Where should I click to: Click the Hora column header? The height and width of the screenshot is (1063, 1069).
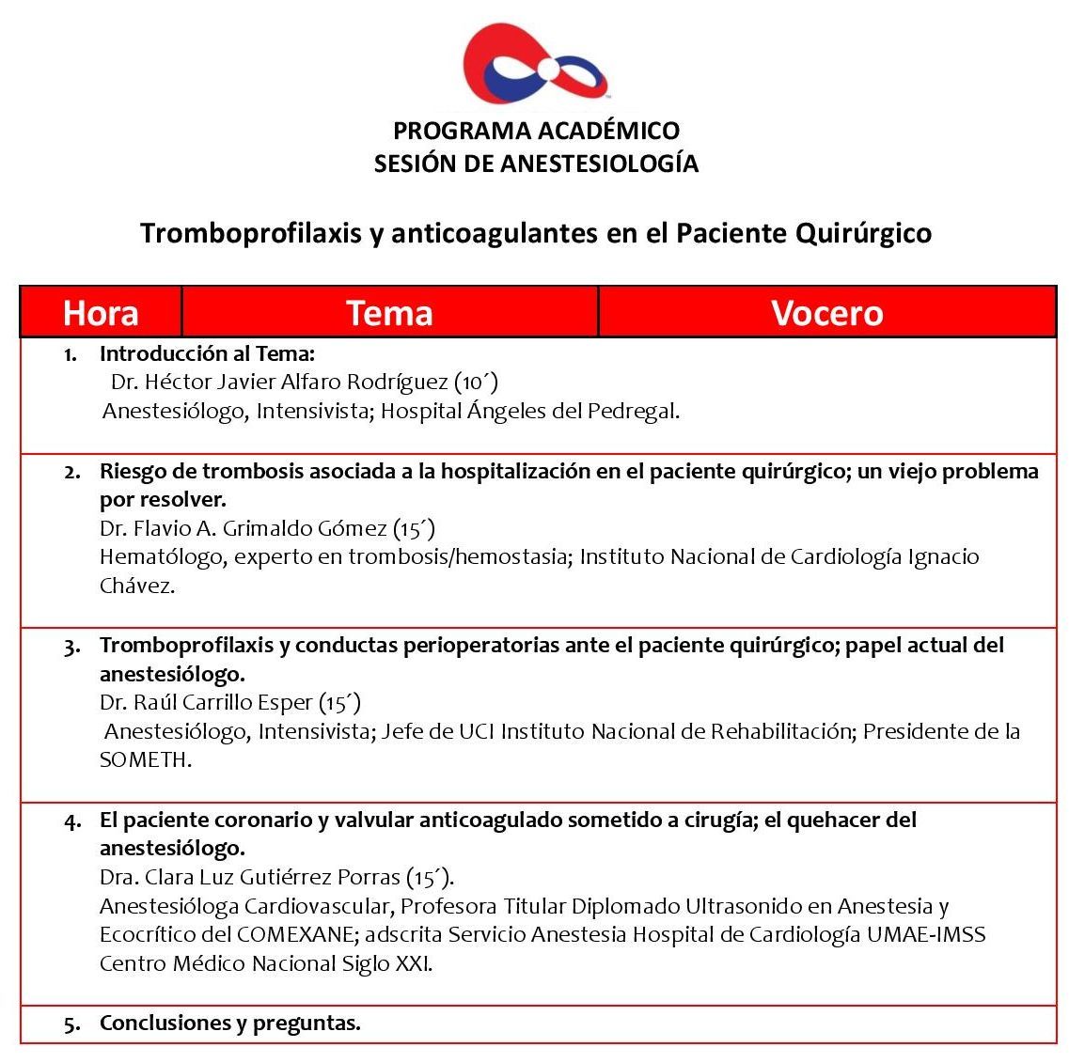tap(101, 313)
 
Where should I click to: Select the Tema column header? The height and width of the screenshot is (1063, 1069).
tap(389, 313)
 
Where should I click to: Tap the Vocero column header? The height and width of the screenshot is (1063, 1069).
tap(826, 313)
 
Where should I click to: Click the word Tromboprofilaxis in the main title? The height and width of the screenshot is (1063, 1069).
tap(251, 233)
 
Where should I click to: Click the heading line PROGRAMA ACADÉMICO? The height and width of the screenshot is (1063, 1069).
tap(536, 131)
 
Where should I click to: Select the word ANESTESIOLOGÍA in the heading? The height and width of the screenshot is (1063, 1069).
tap(599, 164)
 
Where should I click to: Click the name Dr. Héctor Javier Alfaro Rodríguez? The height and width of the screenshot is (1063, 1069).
tap(279, 382)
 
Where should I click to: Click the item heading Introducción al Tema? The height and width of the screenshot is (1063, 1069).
tap(207, 353)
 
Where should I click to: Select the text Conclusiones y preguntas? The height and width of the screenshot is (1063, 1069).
tap(230, 1023)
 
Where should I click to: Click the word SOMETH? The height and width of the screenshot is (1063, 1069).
tap(145, 760)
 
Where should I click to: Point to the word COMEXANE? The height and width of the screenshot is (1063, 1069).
tap(296, 935)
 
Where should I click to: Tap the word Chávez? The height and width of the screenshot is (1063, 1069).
tap(136, 586)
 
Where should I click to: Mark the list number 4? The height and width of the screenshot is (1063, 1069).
tap(72, 821)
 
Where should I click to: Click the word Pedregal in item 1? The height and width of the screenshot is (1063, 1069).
tap(633, 411)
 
